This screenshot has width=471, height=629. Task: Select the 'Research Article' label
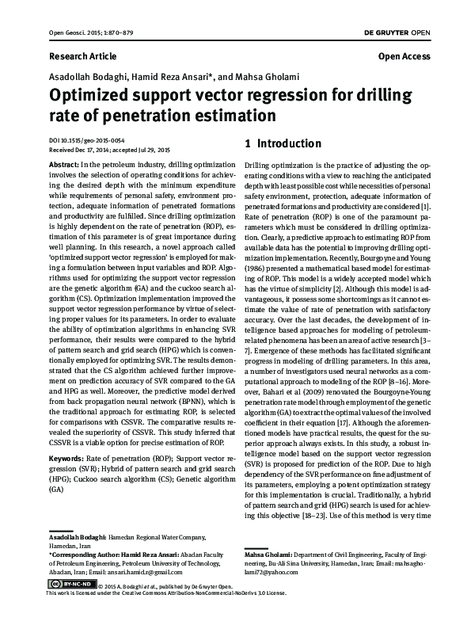pyautogui.click(x=82, y=57)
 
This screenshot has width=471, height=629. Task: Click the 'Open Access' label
pyautogui.click(x=405, y=57)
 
